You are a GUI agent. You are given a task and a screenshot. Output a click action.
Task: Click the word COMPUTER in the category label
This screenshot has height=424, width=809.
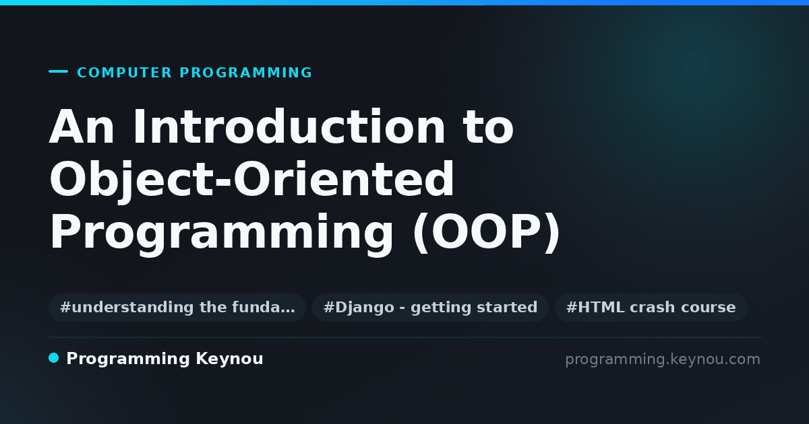pyautogui.click(x=125, y=73)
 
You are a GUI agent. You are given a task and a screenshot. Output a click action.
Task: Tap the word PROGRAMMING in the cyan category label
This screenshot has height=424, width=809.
pyautogui.click(x=245, y=73)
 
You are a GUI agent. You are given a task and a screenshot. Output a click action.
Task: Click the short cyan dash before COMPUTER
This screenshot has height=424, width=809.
pyautogui.click(x=58, y=71)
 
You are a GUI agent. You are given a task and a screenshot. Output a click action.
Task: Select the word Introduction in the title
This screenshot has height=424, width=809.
pyautogui.click(x=289, y=127)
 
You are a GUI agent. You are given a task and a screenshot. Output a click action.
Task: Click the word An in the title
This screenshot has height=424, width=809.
pyautogui.click(x=82, y=127)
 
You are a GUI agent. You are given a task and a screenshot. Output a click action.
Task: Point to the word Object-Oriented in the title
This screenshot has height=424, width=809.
pyautogui.click(x=251, y=180)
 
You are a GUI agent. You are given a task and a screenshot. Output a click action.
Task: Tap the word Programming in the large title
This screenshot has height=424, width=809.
pyautogui.click(x=221, y=233)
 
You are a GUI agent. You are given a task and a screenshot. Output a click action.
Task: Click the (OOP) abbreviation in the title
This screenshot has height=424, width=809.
pyautogui.click(x=487, y=233)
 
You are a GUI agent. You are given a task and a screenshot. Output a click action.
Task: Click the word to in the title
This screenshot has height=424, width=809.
pyautogui.click(x=489, y=127)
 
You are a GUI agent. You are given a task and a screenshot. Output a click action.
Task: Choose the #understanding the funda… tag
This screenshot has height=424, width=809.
pyautogui.click(x=177, y=308)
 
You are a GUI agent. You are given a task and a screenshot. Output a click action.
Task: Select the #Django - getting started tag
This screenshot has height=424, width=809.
pyautogui.click(x=431, y=308)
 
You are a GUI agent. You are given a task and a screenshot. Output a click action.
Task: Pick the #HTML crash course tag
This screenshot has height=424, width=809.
pyautogui.click(x=651, y=308)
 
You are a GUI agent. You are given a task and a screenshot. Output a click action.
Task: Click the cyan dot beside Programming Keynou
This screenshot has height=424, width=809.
pyautogui.click(x=54, y=358)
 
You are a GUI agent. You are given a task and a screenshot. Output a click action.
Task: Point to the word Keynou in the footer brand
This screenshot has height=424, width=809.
pyautogui.click(x=229, y=359)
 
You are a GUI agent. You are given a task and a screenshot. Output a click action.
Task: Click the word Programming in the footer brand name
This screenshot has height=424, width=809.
pyautogui.click(x=128, y=359)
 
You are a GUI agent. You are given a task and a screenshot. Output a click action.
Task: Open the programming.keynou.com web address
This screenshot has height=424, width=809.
pyautogui.click(x=663, y=359)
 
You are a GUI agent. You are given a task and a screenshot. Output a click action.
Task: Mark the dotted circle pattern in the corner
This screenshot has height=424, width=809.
pyautogui.click(x=696, y=66)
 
